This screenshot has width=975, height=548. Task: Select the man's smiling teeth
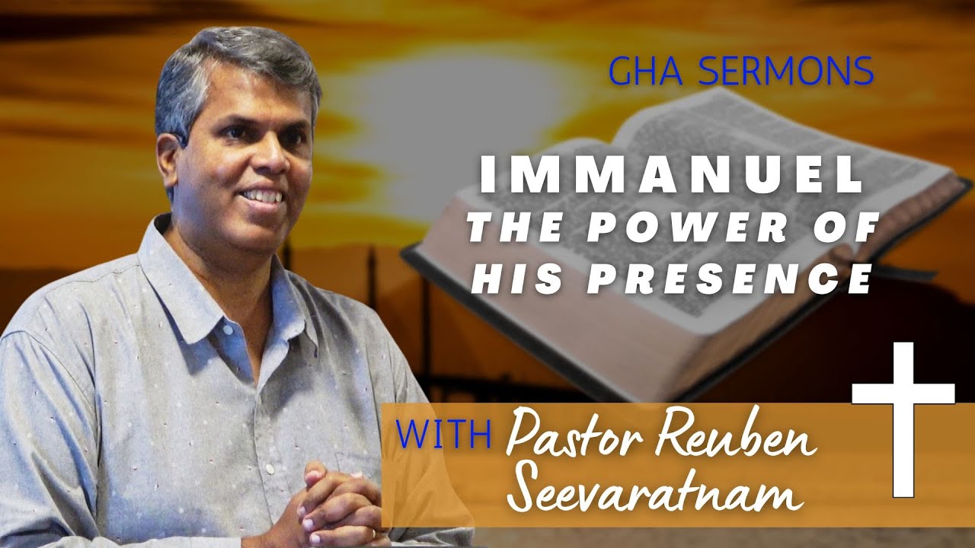[262, 196]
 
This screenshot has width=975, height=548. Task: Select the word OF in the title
[853, 229]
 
